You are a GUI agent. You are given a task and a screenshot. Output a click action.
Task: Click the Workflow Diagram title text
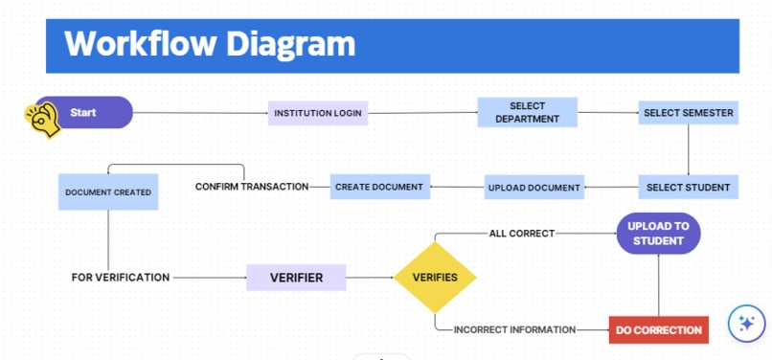[x=209, y=44]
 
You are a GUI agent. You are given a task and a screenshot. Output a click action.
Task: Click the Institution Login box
[x=318, y=113]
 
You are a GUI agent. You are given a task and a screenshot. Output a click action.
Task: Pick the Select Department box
[x=527, y=113]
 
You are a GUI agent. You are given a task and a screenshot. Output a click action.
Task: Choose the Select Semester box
[x=688, y=113]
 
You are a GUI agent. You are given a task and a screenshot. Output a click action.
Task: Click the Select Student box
[x=688, y=187]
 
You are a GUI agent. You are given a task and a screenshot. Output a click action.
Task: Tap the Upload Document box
[x=534, y=187]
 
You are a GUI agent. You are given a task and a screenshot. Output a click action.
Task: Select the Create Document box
[x=379, y=187]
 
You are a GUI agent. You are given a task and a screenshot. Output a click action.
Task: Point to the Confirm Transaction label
[x=252, y=187]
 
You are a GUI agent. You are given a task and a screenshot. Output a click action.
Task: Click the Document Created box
[x=108, y=192]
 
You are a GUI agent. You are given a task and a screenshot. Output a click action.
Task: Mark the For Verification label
[x=121, y=278]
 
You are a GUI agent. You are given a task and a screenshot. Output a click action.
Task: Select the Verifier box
[x=296, y=278]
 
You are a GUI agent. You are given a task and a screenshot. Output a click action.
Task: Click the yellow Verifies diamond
[x=435, y=278]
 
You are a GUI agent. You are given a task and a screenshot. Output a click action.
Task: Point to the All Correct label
[x=521, y=233]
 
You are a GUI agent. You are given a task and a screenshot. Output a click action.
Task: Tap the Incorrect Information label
[x=514, y=329]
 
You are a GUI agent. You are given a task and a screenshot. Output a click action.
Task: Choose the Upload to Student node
[x=658, y=234]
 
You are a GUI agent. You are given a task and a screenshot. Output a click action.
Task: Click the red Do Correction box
[x=659, y=329]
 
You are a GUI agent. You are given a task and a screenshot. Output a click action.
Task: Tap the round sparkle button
[x=746, y=324]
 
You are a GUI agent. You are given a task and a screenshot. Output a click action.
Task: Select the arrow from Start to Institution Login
[x=201, y=113]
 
